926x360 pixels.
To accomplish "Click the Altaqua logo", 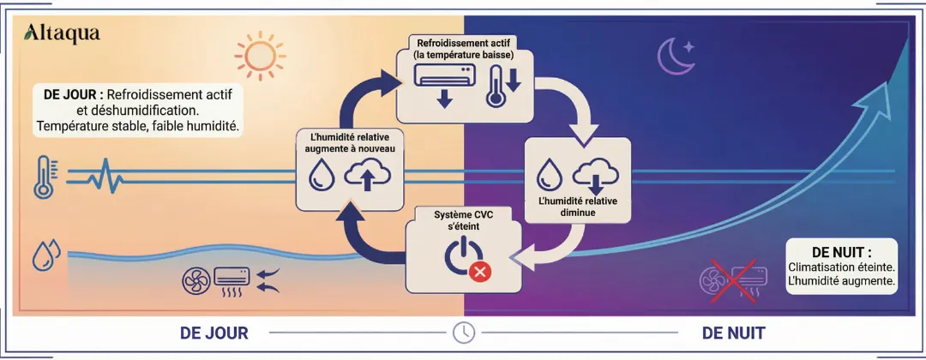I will [x=63, y=33].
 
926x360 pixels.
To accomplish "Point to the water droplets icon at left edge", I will [x=45, y=255].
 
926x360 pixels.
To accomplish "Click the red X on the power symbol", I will [x=480, y=272].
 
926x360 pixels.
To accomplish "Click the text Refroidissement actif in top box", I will [x=466, y=42].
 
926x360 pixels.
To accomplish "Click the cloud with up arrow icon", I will [x=367, y=177].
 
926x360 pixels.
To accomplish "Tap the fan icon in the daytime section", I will [x=196, y=279].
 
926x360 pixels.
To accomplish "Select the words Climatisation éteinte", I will [x=842, y=267].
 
